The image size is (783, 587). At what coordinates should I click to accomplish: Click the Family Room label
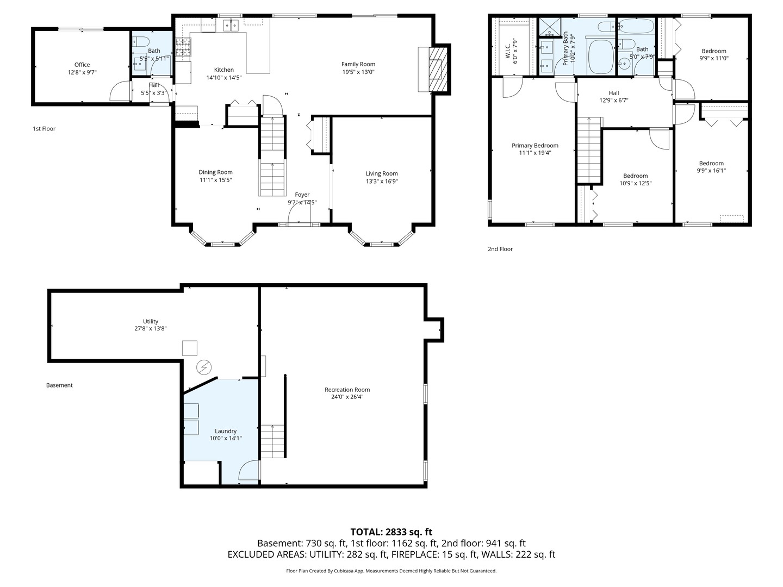tap(358, 64)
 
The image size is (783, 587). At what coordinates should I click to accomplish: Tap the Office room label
tap(82, 65)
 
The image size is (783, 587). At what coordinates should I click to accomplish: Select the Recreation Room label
tap(347, 390)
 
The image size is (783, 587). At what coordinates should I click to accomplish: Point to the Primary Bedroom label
tap(535, 146)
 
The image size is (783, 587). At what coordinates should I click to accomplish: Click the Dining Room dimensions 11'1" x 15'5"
tap(215, 180)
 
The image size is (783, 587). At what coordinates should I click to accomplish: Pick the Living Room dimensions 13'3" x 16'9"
tap(382, 181)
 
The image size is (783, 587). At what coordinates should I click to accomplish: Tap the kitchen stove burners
tap(183, 47)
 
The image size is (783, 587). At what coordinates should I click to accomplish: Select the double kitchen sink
tap(231, 26)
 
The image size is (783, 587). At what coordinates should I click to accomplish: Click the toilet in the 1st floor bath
tap(140, 41)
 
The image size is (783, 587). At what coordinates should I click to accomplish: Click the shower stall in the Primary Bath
tap(550, 27)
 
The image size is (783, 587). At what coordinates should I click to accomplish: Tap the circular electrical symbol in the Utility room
tap(204, 367)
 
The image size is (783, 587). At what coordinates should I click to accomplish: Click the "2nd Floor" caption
tap(500, 249)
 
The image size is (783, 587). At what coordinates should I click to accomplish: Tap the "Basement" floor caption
tap(59, 385)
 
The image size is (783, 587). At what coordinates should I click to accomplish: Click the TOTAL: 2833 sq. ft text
tap(391, 532)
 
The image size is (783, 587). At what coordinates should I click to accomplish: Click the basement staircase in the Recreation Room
tap(272, 441)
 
